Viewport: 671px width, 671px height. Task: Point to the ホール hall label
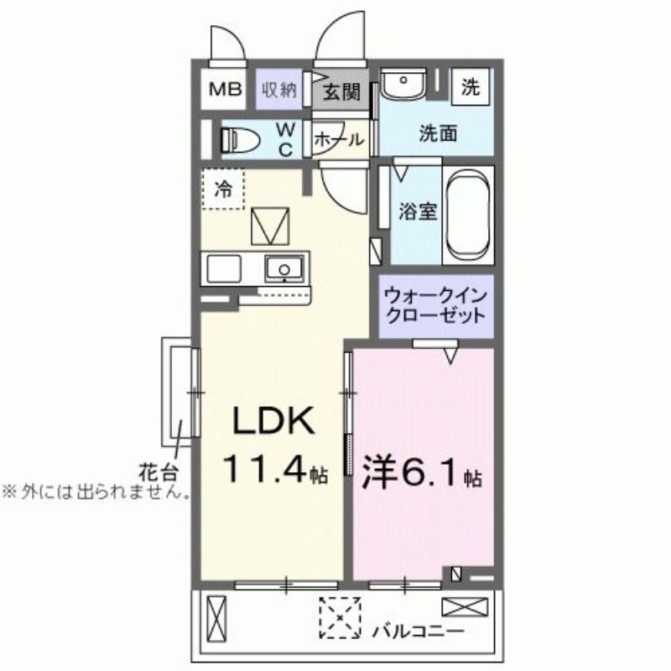[339, 140]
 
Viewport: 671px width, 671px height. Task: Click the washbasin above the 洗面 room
[404, 86]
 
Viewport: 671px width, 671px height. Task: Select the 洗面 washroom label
[438, 133]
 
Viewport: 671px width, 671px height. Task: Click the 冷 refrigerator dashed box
[223, 190]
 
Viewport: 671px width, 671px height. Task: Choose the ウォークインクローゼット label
[434, 307]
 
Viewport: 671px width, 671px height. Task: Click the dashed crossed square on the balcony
[340, 617]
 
